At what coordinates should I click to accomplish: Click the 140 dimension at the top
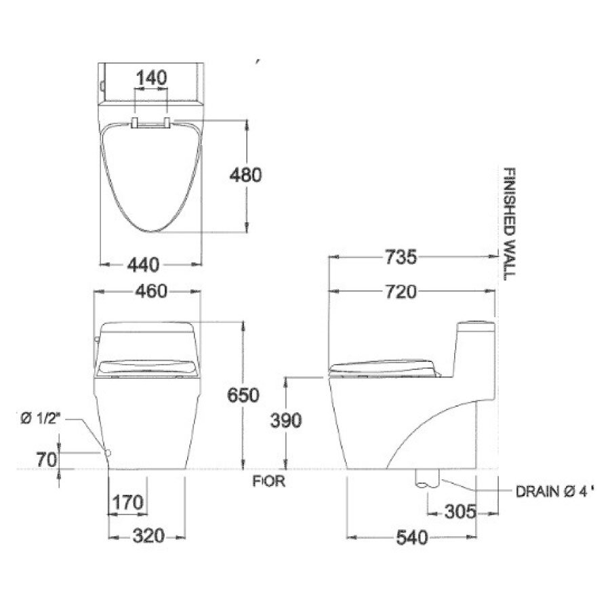151,78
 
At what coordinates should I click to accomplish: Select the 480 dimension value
245,175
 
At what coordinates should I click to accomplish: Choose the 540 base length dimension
412,538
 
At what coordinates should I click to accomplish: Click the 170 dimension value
128,503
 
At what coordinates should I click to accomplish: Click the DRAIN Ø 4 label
549,490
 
